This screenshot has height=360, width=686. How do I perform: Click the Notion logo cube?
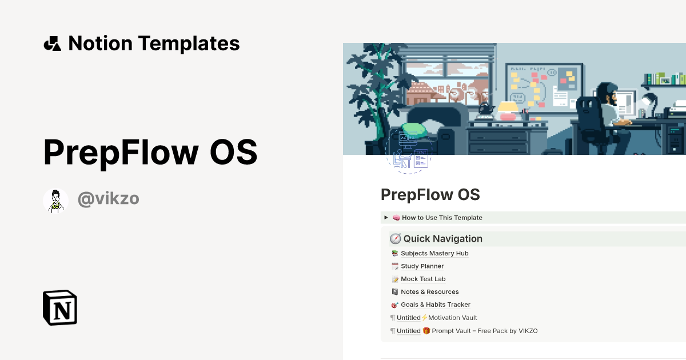[59, 307]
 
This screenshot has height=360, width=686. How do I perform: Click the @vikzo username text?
[108, 199]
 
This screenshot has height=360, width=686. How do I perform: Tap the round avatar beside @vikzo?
[55, 201]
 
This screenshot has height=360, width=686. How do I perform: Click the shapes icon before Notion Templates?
[52, 43]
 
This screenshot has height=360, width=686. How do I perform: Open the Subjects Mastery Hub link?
[434, 253]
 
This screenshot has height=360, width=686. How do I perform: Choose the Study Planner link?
[422, 266]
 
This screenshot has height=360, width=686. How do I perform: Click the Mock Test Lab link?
[423, 279]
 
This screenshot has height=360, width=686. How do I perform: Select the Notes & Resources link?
[429, 292]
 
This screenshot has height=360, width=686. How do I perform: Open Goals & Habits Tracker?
[436, 305]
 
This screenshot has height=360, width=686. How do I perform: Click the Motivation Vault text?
[452, 318]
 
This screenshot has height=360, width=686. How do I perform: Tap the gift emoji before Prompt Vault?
[426, 331]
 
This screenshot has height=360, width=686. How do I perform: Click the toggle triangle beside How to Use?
[386, 218]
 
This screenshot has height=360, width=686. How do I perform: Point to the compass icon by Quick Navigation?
[395, 239]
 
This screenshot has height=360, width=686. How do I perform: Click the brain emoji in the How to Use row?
[396, 218]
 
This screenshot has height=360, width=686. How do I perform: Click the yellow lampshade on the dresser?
[508, 107]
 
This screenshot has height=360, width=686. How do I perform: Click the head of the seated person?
[604, 91]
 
